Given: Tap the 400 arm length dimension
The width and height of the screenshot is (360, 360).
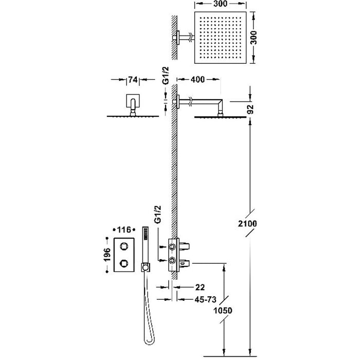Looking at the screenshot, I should (199, 79).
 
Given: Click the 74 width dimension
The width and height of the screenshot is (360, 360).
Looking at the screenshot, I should (133, 80).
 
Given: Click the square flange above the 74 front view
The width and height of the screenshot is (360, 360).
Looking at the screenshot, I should (133, 101).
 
